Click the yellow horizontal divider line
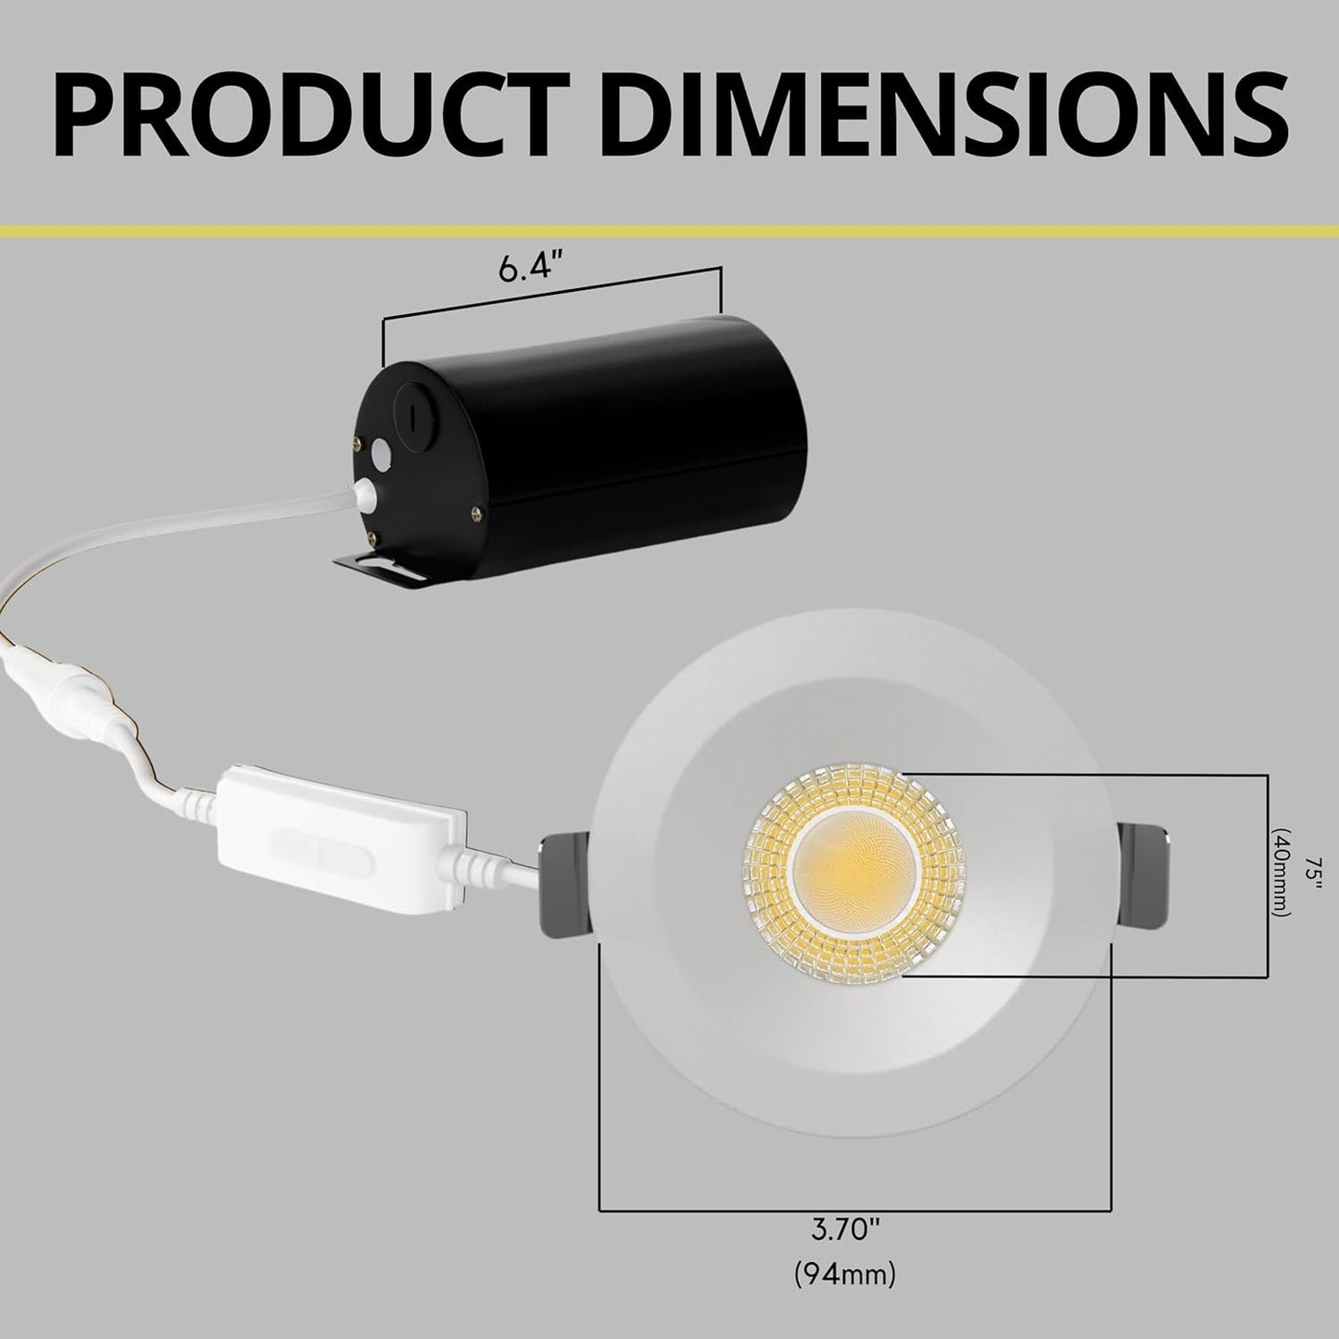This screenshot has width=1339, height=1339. [669, 229]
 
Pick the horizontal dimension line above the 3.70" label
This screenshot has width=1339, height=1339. [853, 1209]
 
